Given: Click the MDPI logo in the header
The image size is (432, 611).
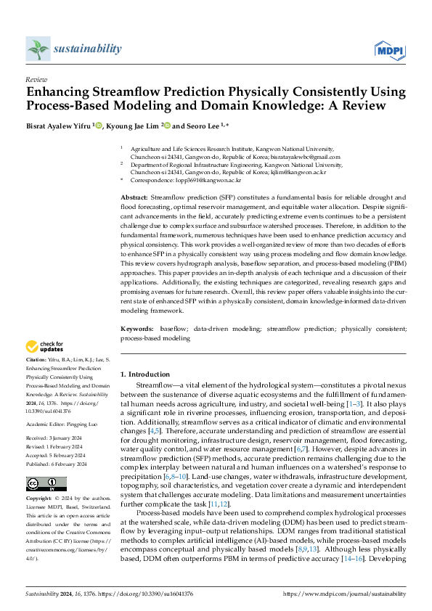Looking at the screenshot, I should tap(388, 49).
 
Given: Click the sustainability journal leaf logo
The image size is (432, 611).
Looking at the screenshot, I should tap(38, 49).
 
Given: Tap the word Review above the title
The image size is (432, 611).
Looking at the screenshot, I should tap(36, 79).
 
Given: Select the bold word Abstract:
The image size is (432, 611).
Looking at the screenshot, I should tap(134, 197).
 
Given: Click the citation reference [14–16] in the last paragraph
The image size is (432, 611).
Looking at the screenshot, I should tap(356, 558).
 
